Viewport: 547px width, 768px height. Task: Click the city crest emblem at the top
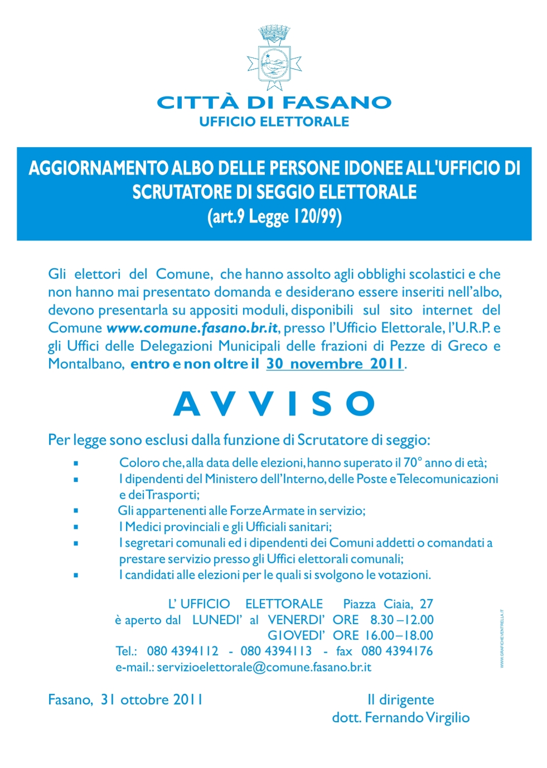274,58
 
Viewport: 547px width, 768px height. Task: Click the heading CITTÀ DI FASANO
274,103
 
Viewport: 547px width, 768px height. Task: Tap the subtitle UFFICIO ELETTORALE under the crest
274,122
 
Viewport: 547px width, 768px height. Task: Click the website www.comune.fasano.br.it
192,328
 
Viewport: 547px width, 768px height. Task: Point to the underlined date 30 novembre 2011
335,364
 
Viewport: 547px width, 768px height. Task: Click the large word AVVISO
274,404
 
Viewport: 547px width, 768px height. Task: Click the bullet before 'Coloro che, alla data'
76,463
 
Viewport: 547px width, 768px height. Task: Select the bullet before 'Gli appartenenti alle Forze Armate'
76,511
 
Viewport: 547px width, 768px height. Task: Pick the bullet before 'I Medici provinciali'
76,527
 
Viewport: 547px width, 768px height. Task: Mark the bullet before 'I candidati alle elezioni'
76,575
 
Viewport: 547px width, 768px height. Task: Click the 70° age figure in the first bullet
411,463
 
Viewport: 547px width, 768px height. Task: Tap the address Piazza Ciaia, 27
388,604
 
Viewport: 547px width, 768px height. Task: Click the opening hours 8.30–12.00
401,620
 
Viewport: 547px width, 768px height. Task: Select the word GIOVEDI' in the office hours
296,635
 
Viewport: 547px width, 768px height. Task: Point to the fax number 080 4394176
396,651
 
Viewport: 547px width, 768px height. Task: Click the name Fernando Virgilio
417,717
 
